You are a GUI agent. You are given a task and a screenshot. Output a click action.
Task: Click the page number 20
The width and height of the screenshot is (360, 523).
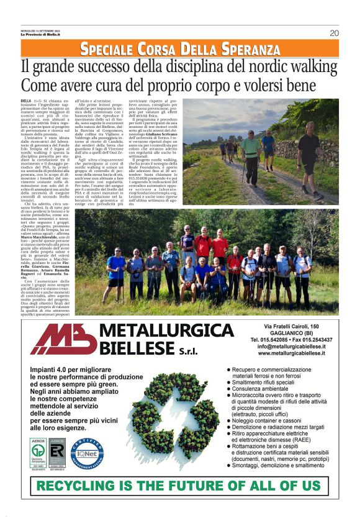point(333,33)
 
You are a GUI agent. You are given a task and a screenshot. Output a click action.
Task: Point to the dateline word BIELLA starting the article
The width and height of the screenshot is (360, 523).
point(25,100)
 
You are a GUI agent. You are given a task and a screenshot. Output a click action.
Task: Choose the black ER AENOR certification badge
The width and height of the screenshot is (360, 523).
point(58,452)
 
